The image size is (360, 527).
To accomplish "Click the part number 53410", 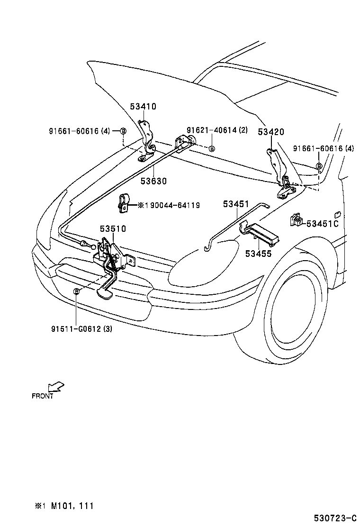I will tap(143, 107).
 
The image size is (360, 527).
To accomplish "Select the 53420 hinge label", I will tap(271, 132).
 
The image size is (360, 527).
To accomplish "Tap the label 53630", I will tap(153, 181).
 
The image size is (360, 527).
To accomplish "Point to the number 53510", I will tap(113, 229).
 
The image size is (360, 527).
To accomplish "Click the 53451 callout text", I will tap(236, 204).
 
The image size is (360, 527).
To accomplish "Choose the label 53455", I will tap(258, 254).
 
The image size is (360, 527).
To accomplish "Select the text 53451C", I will tap(322, 223).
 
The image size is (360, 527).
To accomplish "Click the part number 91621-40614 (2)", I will tap(217, 130).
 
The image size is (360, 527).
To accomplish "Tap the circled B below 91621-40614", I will tap(212, 148).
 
